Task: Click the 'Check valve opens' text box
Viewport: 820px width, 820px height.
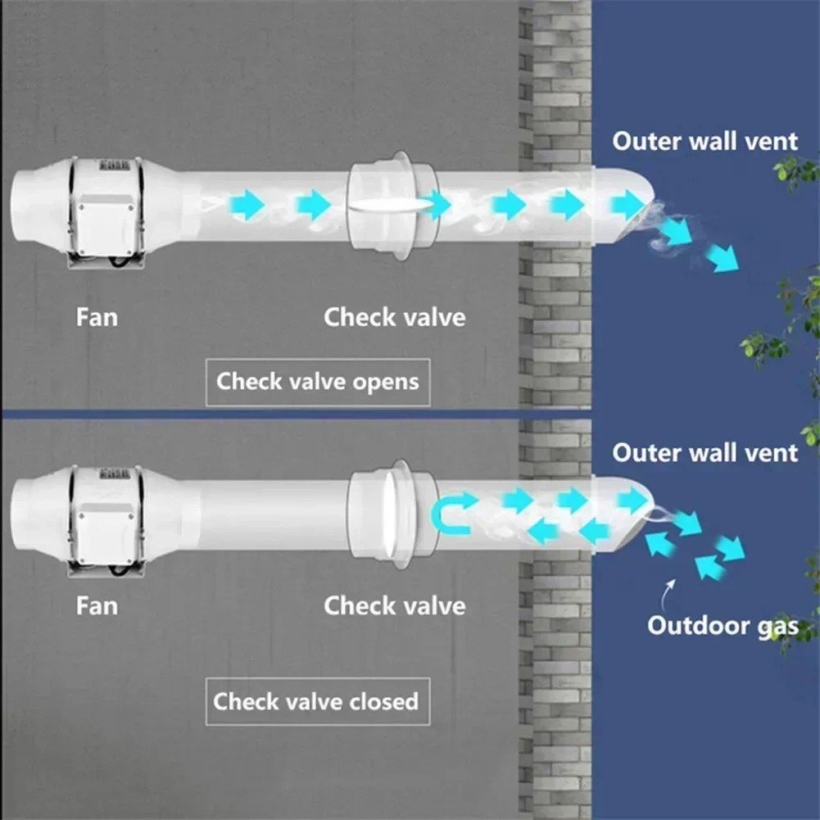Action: (317, 382)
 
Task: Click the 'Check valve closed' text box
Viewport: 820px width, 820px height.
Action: (316, 701)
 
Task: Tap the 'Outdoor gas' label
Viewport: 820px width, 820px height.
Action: (722, 626)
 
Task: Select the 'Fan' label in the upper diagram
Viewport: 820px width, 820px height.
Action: (97, 316)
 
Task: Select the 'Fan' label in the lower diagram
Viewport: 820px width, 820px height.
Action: (97, 606)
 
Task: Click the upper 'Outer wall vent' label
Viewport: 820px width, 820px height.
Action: (704, 141)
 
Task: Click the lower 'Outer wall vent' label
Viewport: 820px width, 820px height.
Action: (704, 452)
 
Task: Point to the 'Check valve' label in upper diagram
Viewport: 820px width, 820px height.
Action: (394, 316)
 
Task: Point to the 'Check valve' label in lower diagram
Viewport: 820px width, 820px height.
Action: (394, 606)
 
